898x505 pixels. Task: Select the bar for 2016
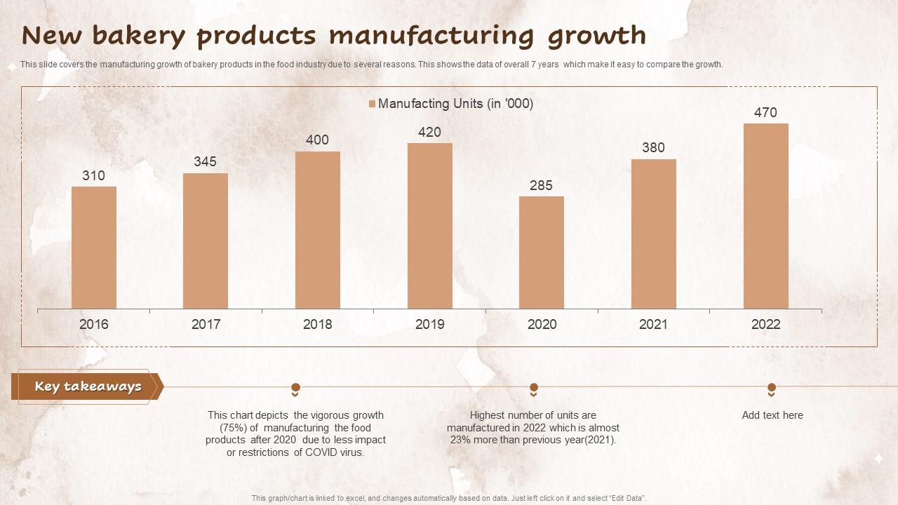[x=93, y=248]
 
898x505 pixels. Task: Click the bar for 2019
[x=429, y=226]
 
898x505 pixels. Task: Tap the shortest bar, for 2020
[x=542, y=252]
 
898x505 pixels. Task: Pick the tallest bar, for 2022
[x=765, y=216]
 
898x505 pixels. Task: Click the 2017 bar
[x=206, y=241]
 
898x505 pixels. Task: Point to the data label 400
[x=317, y=140]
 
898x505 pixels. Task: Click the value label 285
[x=542, y=186]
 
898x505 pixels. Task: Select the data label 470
[x=765, y=112]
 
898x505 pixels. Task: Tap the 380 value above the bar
[x=653, y=147]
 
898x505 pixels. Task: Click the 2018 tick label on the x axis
[x=317, y=324]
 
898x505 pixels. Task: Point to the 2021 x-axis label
[x=653, y=324]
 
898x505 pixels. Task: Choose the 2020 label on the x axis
[x=542, y=324]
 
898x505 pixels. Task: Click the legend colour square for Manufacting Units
[x=372, y=104]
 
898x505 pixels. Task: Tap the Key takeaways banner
[x=88, y=386]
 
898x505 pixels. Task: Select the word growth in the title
[x=596, y=36]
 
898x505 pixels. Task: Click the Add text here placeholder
[x=772, y=415]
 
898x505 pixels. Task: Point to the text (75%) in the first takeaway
[x=234, y=428]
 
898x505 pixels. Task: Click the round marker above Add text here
[x=772, y=387]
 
